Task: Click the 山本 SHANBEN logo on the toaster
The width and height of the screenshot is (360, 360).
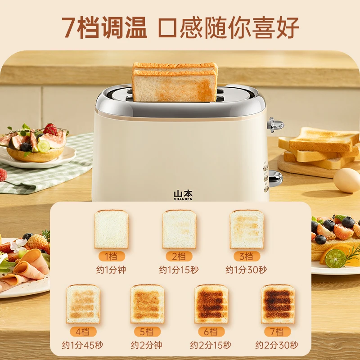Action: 183,195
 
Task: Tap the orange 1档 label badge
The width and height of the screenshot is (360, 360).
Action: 112,256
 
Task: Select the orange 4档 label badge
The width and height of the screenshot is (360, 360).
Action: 83,332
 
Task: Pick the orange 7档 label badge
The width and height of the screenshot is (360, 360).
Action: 277,332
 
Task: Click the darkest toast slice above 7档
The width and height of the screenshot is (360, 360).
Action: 278,304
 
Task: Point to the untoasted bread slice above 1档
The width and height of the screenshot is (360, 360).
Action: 111,229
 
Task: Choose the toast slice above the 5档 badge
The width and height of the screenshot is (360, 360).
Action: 148,304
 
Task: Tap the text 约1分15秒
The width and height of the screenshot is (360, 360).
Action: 179,270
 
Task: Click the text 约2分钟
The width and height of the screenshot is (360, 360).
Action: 147,345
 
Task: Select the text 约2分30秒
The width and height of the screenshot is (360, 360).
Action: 277,345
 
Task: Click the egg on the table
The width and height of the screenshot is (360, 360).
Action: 347,180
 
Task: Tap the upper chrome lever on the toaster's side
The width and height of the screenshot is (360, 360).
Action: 275,125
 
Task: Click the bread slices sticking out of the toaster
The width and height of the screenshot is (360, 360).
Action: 175,82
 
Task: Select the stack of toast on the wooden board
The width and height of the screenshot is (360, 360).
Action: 319,148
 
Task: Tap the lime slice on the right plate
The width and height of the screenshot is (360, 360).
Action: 335,258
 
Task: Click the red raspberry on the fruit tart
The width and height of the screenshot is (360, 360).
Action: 50,129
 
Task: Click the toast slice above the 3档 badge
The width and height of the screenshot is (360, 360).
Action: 247,229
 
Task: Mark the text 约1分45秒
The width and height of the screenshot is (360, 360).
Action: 82,345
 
